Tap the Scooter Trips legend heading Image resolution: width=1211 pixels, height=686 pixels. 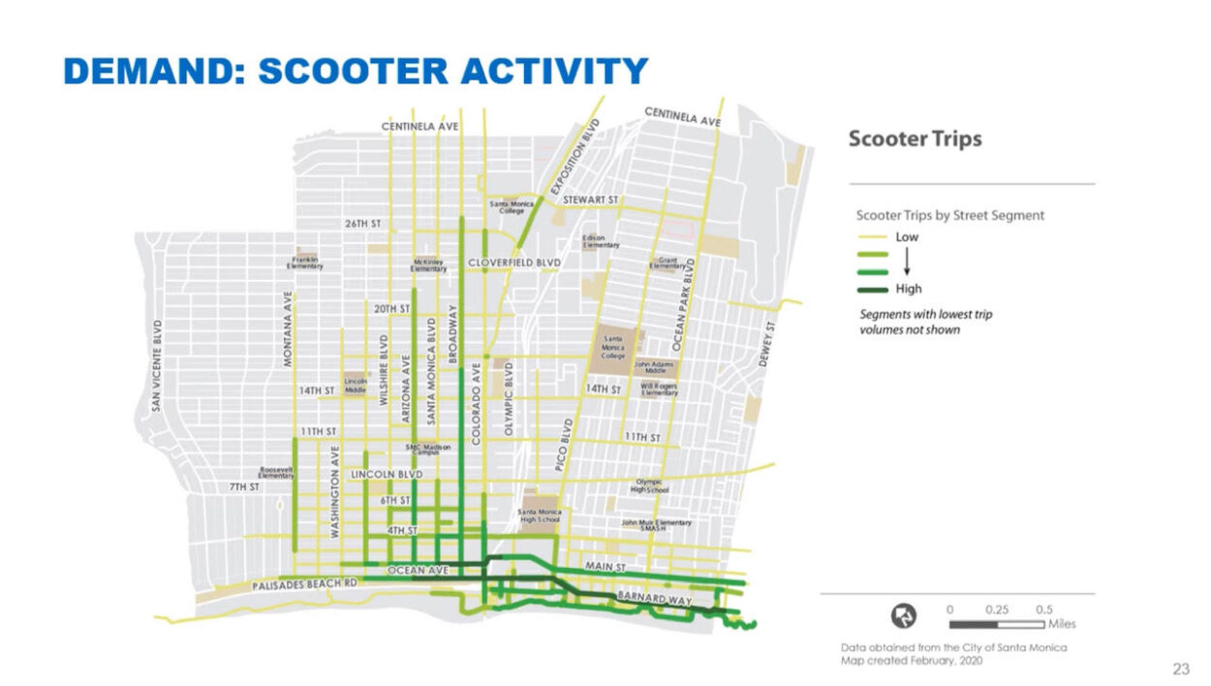point(915,139)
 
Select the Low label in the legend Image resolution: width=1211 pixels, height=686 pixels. point(907,236)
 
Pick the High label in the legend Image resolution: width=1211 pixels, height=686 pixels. point(909,289)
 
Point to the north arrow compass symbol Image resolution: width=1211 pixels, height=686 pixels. point(904,615)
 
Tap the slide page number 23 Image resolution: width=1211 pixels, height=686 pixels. point(1181,669)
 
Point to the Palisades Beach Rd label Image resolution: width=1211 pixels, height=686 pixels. point(305,586)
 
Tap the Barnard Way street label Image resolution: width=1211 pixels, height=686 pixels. point(659,600)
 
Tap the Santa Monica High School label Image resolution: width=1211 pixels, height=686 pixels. point(539,515)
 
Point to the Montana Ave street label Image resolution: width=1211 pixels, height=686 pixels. point(288,329)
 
